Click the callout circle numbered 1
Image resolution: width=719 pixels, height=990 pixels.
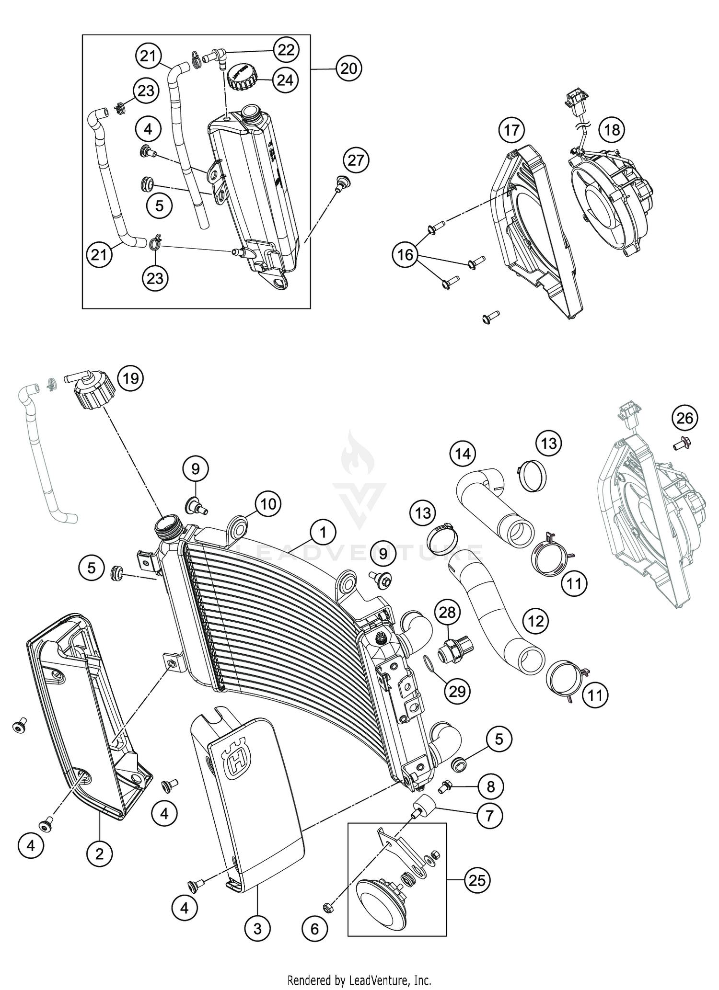point(323,533)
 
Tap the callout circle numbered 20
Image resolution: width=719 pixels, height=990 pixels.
point(348,69)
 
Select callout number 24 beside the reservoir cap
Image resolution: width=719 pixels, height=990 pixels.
point(285,80)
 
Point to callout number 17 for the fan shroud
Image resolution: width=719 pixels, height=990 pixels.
point(511,130)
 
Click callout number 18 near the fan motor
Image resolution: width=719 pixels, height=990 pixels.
point(612,130)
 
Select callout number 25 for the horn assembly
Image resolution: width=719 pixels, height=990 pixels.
point(477,880)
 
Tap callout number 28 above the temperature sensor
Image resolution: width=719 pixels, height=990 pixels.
point(447,612)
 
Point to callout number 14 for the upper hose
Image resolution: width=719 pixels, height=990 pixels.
point(463,453)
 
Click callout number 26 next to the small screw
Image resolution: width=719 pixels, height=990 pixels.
point(684,418)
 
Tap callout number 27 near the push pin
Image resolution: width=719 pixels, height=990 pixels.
point(356,160)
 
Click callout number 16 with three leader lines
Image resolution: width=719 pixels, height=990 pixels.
point(405,254)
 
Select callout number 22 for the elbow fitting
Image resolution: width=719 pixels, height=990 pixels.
point(286,50)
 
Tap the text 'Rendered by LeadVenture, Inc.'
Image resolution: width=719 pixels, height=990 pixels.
point(359,979)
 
